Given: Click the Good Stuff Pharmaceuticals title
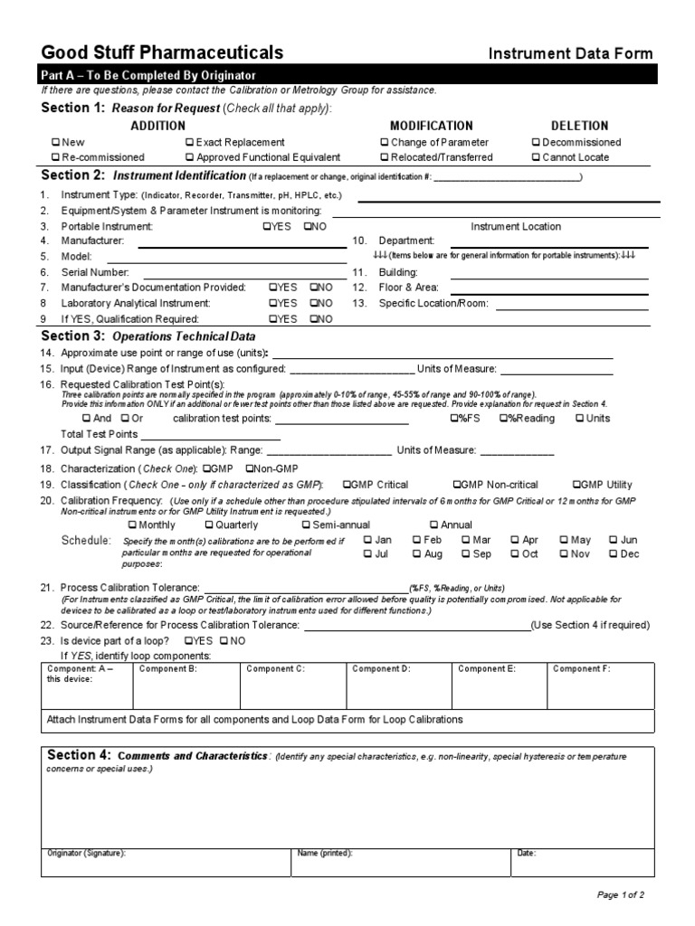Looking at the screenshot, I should pyautogui.click(x=162, y=52).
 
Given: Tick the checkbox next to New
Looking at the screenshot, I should pyautogui.click(x=56, y=143).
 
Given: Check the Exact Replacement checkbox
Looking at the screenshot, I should pyautogui.click(x=189, y=143).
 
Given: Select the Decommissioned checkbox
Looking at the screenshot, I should pyautogui.click(x=536, y=143).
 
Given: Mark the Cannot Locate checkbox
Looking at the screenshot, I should pyautogui.click(x=536, y=157).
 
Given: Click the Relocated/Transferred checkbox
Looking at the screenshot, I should pyautogui.click(x=385, y=157).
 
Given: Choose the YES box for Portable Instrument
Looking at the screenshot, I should pyautogui.click(x=266, y=227).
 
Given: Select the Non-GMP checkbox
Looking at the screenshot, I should pyautogui.click(x=250, y=468).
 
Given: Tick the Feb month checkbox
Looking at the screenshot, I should pyautogui.click(x=417, y=540).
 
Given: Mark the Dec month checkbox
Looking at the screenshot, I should pyautogui.click(x=614, y=554).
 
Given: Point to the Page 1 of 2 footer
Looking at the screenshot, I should pyautogui.click(x=620, y=895).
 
